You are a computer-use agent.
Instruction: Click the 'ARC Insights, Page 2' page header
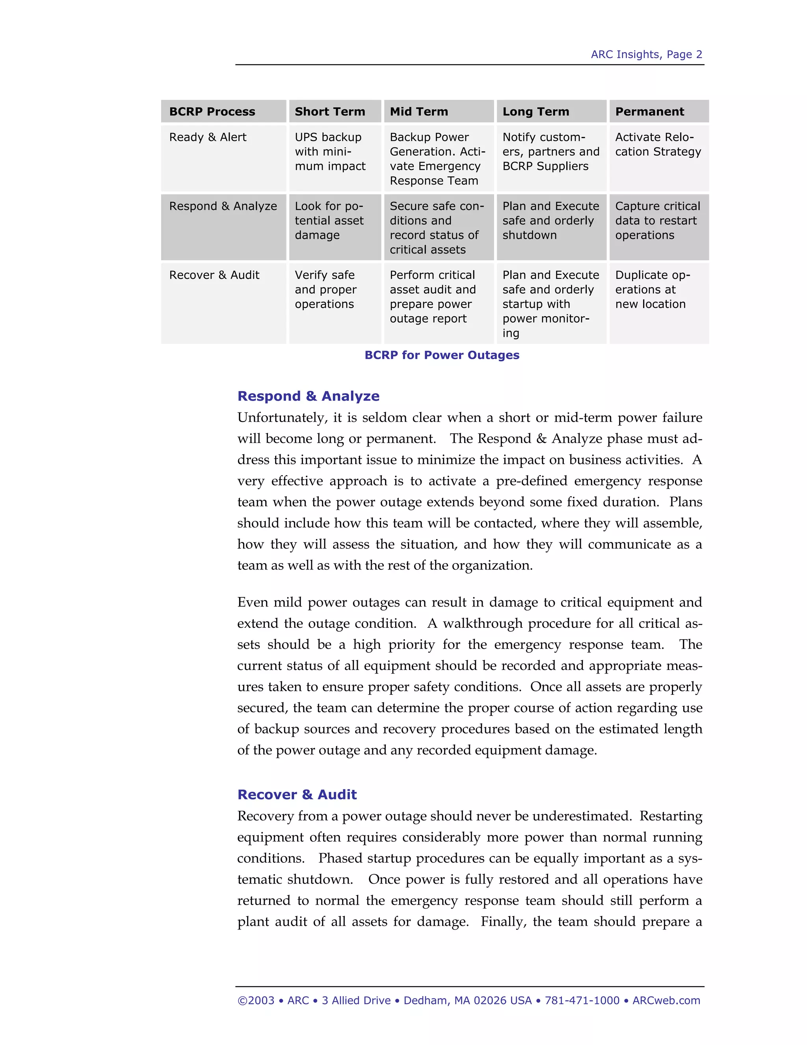(x=646, y=54)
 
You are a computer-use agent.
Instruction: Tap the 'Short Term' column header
(x=330, y=112)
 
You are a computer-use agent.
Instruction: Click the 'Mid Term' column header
(x=419, y=112)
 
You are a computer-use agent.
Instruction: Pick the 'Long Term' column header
(x=536, y=112)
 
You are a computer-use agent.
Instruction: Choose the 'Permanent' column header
(x=649, y=112)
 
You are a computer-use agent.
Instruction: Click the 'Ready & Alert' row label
(x=208, y=137)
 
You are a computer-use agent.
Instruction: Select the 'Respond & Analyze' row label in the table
(x=223, y=206)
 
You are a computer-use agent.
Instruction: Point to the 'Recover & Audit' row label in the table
(x=214, y=275)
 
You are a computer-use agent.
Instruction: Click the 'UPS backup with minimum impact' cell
(x=330, y=152)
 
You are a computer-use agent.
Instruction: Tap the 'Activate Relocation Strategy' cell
(x=658, y=144)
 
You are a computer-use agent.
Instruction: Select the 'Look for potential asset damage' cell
(x=329, y=220)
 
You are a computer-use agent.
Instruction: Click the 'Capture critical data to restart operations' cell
(x=657, y=220)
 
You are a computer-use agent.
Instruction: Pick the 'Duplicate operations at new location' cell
(x=652, y=289)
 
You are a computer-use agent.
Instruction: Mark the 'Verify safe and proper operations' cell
(x=325, y=289)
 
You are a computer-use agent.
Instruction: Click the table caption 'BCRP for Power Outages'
(x=442, y=355)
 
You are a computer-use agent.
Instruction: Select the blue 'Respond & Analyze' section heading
(x=309, y=396)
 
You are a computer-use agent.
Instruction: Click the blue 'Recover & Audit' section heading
(x=297, y=795)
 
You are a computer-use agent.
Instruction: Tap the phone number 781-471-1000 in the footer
(x=582, y=1000)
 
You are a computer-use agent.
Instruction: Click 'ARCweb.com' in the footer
(x=666, y=1000)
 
